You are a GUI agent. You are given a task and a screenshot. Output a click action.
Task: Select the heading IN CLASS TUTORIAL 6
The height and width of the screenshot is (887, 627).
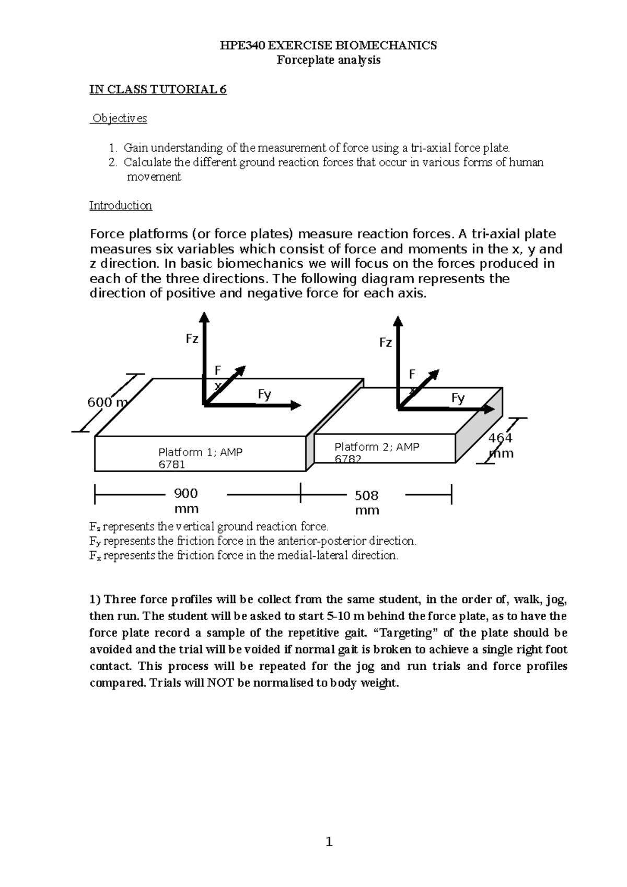pyautogui.click(x=158, y=89)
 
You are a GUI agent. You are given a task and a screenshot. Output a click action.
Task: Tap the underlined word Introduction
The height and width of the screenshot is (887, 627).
pyautogui.click(x=121, y=205)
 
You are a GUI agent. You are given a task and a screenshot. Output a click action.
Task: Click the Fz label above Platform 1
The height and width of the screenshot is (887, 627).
pyautogui.click(x=192, y=339)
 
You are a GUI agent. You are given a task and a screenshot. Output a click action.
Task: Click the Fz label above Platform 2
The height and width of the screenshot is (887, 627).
pyautogui.click(x=385, y=343)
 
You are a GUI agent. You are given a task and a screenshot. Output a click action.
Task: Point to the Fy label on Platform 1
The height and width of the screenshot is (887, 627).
pyautogui.click(x=264, y=394)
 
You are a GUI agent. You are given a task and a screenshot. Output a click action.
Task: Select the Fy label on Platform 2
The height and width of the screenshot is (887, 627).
pyautogui.click(x=458, y=399)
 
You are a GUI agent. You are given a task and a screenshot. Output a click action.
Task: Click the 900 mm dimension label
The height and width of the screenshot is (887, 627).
pyautogui.click(x=186, y=500)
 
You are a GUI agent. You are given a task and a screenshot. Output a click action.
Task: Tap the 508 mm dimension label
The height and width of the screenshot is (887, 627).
pyautogui.click(x=367, y=503)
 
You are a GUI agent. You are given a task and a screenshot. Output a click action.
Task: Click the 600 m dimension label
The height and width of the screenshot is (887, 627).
pyautogui.click(x=107, y=402)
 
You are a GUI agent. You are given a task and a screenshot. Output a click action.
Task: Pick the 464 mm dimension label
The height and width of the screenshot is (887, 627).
pyautogui.click(x=501, y=445)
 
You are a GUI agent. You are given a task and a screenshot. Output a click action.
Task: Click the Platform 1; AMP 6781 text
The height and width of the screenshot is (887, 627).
pyautogui.click(x=200, y=458)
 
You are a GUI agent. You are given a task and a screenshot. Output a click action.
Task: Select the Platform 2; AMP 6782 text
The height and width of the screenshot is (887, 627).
pyautogui.click(x=376, y=452)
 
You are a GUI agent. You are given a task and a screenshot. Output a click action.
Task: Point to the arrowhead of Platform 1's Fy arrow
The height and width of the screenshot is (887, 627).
pyautogui.click(x=296, y=405)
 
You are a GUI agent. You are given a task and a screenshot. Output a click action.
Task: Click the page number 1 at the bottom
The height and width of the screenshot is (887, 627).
pyautogui.click(x=329, y=842)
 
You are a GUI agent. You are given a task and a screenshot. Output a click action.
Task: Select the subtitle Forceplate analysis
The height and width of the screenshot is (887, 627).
pyautogui.click(x=328, y=60)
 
